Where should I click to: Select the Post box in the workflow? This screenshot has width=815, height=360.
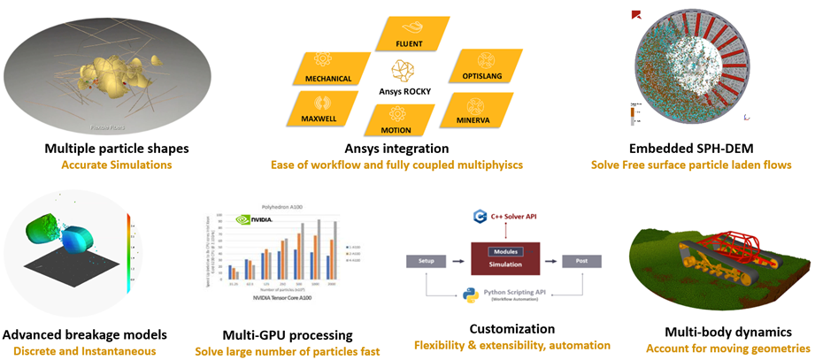coord(580,261)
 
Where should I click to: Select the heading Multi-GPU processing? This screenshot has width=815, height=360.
coord(288,335)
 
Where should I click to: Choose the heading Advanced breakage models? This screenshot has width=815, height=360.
coord(83,335)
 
